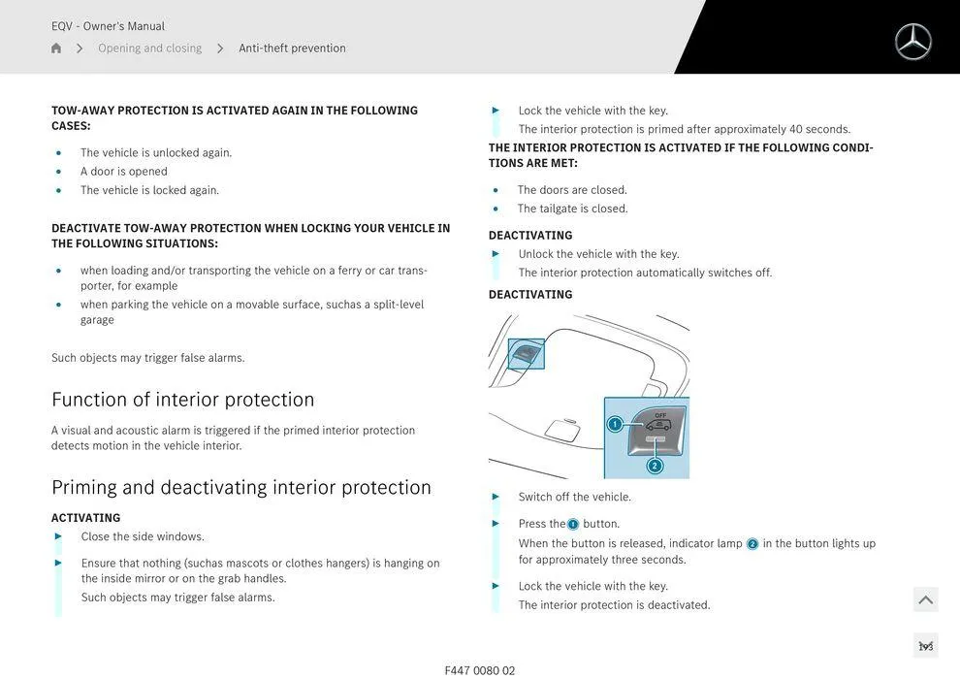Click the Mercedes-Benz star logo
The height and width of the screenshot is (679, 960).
coord(912,42)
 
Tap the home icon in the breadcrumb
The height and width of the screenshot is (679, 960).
coord(56,48)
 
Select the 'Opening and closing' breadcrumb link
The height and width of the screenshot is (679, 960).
coord(149,48)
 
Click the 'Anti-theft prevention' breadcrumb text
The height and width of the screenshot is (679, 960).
coord(292,48)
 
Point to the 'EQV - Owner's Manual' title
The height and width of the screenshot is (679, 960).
coord(108,26)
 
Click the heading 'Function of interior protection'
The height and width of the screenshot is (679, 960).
coord(182,400)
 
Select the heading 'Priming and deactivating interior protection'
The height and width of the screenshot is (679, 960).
coord(240,487)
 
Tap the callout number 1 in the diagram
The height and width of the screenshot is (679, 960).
coord(615,424)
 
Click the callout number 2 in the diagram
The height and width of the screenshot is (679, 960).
coord(655,466)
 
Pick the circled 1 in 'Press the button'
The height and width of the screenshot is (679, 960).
coord(573,525)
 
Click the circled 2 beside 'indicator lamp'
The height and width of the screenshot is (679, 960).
coord(752,544)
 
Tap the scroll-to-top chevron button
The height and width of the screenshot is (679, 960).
coord(925,599)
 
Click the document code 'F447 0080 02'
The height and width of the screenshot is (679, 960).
coord(480,670)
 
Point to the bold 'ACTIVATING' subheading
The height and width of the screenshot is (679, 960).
coord(85,518)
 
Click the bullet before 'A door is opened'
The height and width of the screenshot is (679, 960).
coord(58,172)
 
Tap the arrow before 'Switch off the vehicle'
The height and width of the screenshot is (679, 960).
coord(496,497)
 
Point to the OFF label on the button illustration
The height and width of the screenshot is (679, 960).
coord(660,415)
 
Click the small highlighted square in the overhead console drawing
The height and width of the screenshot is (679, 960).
coord(527,354)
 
